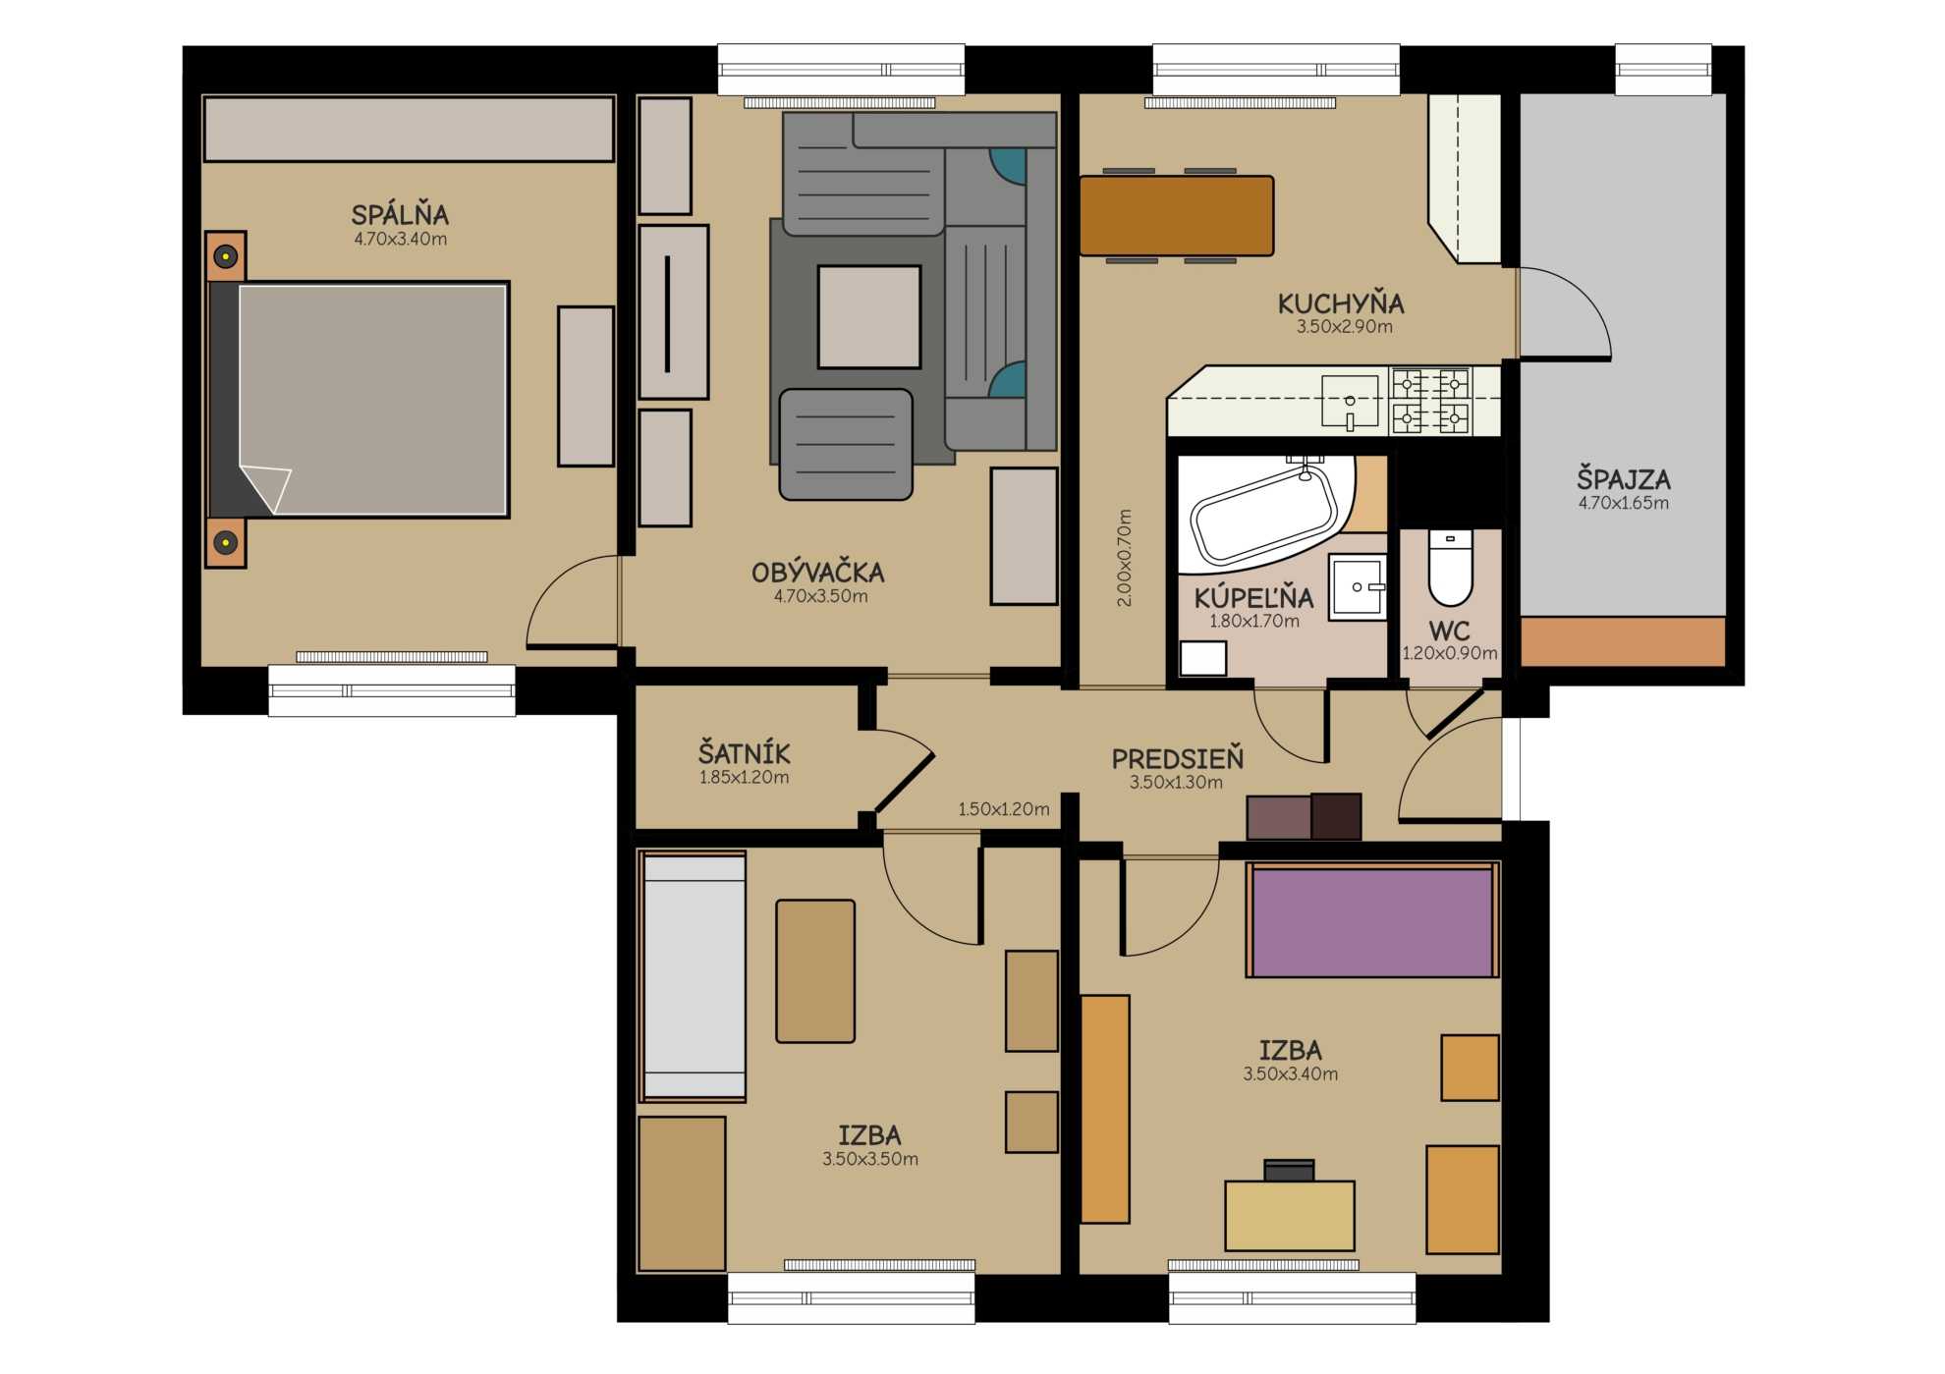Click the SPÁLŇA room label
point(400,214)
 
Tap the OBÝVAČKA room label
point(818,572)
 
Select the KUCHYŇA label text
point(1341,302)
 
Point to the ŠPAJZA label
point(1624,479)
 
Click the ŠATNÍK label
point(744,753)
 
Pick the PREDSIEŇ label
point(1177,758)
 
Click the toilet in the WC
point(1450,568)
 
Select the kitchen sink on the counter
point(1350,403)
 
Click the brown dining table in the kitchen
point(1177,216)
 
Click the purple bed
point(1372,921)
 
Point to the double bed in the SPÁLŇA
point(358,400)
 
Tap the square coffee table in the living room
point(869,316)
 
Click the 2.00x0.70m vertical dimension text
point(1125,558)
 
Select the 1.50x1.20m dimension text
point(1004,809)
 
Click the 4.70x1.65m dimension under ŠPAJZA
point(1624,503)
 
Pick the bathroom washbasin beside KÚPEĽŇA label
point(1358,587)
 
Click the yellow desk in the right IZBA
point(1290,1216)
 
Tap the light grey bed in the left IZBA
point(694,976)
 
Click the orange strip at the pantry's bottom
point(1623,641)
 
